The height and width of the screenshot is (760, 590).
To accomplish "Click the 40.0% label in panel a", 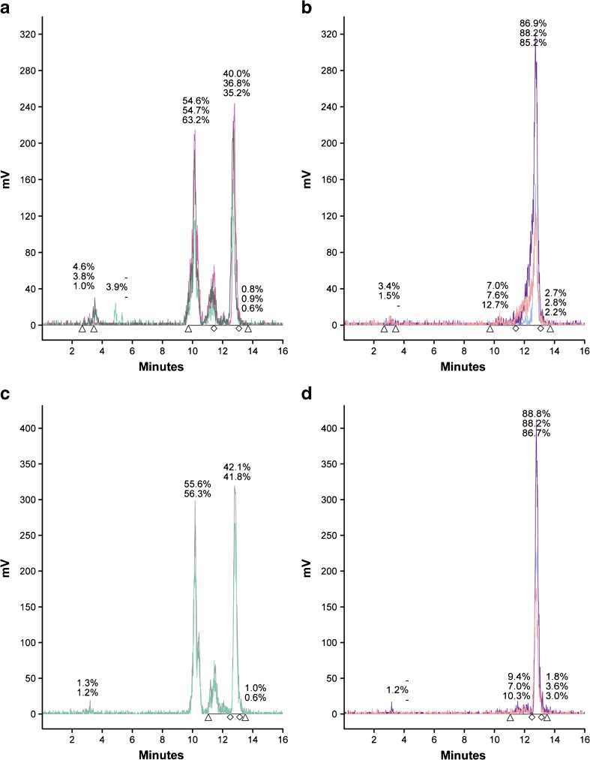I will coord(236,74).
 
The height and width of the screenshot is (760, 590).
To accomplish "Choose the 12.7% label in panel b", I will coord(498,304).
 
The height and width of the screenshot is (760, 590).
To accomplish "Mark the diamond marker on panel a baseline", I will coord(214,329).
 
